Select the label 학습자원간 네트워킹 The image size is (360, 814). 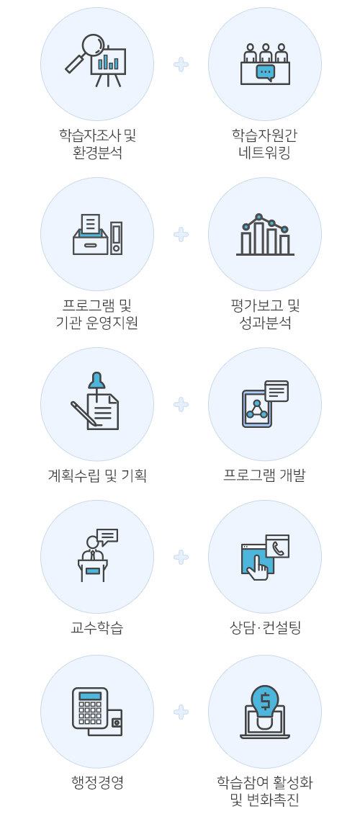tap(264, 144)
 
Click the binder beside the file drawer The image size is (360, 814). tap(116, 238)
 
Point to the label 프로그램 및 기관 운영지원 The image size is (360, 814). tap(97, 314)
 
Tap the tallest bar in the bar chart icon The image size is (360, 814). tap(259, 238)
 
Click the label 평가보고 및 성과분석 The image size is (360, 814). tap(265, 314)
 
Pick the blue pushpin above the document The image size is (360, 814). tap(96, 381)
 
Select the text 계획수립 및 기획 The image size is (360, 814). tap(97, 475)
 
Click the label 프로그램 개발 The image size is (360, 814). tap(264, 475)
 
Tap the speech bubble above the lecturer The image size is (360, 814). tap(107, 537)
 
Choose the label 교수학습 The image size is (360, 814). tap(97, 628)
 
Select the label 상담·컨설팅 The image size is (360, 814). tap(265, 628)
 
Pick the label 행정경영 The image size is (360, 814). tap(97, 782)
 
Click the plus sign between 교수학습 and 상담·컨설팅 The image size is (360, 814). tap(181, 558)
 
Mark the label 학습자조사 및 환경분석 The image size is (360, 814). tap(97, 144)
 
